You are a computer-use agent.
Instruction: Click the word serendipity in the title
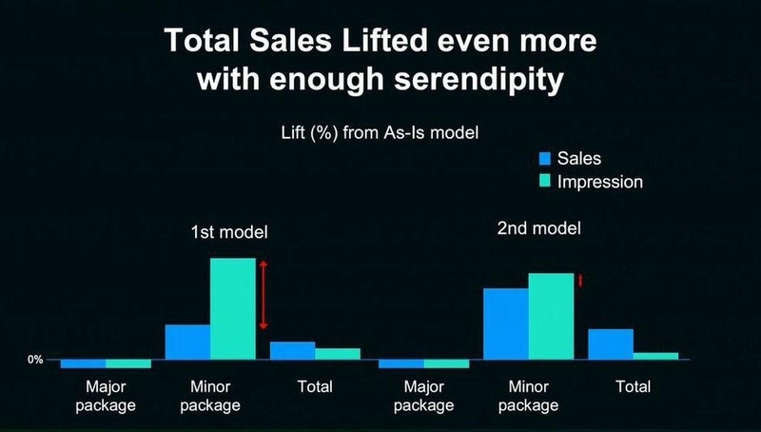pyautogui.click(x=478, y=79)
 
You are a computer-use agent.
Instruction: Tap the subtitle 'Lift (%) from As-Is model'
pyautogui.click(x=380, y=132)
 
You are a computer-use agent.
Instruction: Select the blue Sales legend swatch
pyautogui.click(x=545, y=158)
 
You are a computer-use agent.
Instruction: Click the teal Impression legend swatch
pyautogui.click(x=545, y=182)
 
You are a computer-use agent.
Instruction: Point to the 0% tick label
pyautogui.click(x=35, y=361)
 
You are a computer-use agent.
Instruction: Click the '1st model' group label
pyautogui.click(x=229, y=232)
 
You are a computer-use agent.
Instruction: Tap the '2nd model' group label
pyautogui.click(x=538, y=228)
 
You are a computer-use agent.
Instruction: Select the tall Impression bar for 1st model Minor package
pyautogui.click(x=233, y=308)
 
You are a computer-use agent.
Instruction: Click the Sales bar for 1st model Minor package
pyautogui.click(x=187, y=343)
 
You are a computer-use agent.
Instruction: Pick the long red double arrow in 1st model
pyautogui.click(x=263, y=295)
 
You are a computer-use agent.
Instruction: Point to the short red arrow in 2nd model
pyautogui.click(x=579, y=281)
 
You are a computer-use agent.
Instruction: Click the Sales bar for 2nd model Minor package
pyautogui.click(x=506, y=324)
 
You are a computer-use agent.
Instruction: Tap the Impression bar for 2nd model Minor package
pyautogui.click(x=552, y=317)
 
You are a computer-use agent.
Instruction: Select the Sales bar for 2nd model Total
pyautogui.click(x=611, y=344)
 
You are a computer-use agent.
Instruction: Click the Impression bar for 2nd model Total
pyautogui.click(x=655, y=356)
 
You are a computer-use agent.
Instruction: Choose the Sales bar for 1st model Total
pyautogui.click(x=293, y=351)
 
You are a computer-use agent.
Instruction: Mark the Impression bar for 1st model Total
pyautogui.click(x=338, y=354)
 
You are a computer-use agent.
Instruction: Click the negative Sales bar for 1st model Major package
pyautogui.click(x=84, y=364)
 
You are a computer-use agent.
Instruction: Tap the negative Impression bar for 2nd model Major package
pyautogui.click(x=446, y=364)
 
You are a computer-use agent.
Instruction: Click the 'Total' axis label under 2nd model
pyautogui.click(x=634, y=387)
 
